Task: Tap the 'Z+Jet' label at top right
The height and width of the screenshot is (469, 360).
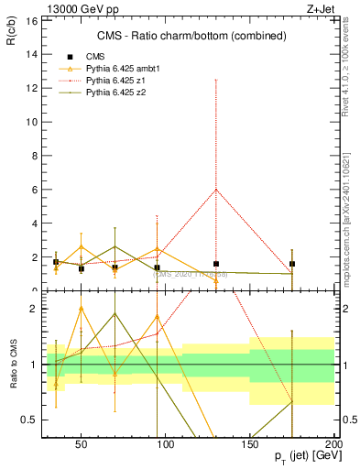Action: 318,7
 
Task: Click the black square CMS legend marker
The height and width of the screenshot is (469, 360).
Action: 70,57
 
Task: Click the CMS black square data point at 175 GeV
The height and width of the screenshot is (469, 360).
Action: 292,264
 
